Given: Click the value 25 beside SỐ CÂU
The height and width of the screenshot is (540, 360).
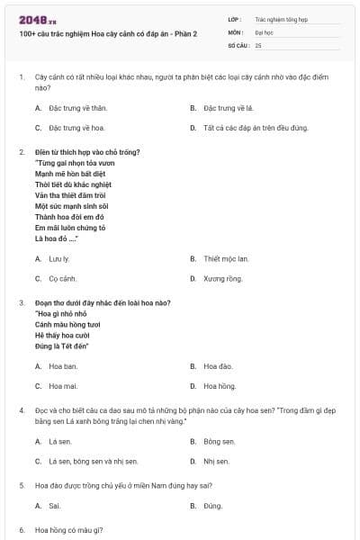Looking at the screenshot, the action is click(258, 44).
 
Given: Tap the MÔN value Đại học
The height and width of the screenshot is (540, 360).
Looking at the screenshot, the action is click(263, 31).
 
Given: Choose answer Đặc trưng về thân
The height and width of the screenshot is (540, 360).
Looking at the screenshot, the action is click(74, 107).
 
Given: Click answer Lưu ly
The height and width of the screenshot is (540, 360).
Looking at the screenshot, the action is click(59, 258).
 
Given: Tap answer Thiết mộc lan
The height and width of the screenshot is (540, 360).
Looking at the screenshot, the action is click(225, 258).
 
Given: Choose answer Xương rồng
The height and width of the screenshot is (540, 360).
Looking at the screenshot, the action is click(222, 279).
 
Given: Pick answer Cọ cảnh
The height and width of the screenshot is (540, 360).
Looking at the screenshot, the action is click(63, 279).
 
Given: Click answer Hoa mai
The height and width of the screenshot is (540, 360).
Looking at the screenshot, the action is click(63, 386).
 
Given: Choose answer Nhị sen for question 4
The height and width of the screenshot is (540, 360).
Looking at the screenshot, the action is click(216, 462).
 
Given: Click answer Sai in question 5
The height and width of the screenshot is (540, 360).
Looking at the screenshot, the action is click(55, 506).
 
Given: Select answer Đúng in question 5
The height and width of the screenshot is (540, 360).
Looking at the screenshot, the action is click(212, 506).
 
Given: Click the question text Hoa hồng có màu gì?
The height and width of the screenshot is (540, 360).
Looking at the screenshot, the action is click(69, 529).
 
